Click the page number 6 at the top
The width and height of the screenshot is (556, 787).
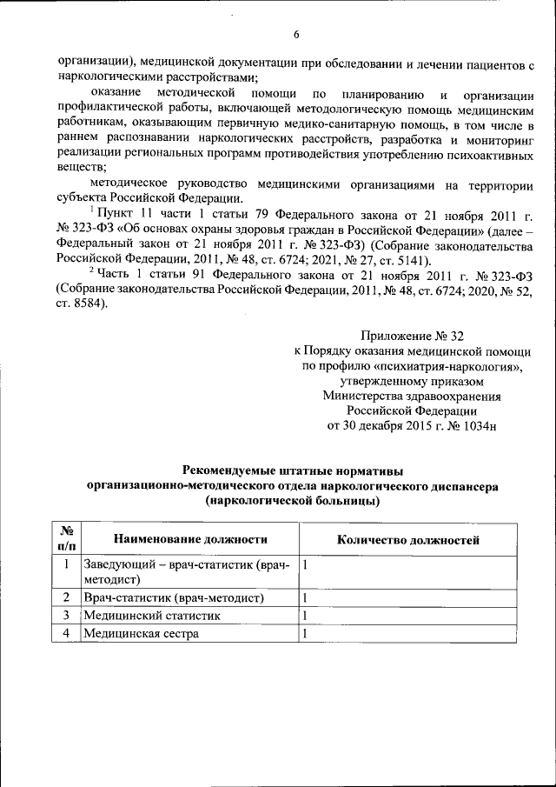296,35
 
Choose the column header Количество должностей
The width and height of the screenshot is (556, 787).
407,540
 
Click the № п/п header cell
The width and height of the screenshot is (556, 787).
66,540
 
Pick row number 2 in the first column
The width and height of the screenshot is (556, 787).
66,598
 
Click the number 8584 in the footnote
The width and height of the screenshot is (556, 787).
89,304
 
